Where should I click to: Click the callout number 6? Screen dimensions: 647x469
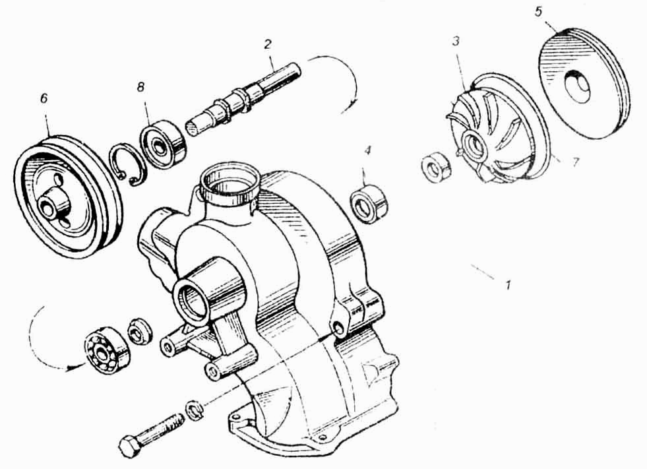click(x=44, y=99)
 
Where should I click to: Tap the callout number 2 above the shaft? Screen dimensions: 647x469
click(x=268, y=44)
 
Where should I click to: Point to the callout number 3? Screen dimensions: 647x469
click(x=456, y=42)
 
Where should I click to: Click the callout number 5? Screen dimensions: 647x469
click(x=538, y=12)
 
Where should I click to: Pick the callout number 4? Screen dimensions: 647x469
click(x=367, y=150)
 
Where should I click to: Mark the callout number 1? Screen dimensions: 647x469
click(x=508, y=284)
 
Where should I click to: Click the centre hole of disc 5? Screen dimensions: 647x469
click(x=577, y=86)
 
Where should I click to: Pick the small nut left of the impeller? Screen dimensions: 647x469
click(x=437, y=166)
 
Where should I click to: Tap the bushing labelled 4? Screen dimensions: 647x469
click(x=369, y=203)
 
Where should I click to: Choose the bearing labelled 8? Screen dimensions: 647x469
click(x=164, y=144)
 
